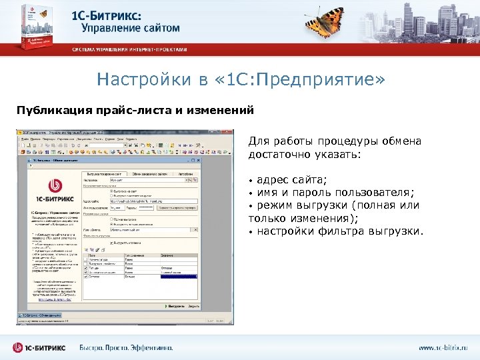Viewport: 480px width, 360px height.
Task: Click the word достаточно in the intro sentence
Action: [280, 154]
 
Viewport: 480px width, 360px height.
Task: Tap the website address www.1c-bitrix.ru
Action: [443, 347]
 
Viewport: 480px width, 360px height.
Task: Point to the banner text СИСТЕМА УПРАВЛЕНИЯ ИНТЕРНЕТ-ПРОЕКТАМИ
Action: [131, 49]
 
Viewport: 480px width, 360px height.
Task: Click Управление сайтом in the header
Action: [131, 28]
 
